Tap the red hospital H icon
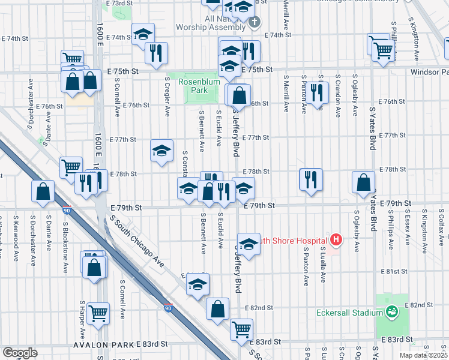(336, 240)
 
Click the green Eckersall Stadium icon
(392, 311)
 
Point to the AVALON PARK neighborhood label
(103, 344)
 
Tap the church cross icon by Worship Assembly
(255, 23)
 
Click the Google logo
(20, 352)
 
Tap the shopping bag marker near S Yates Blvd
(363, 184)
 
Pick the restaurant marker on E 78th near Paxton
(311, 180)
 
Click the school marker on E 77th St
(161, 151)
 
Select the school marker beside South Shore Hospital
(248, 244)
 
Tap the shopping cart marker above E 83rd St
(241, 329)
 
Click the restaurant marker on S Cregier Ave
(156, 53)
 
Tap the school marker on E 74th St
(143, 35)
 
